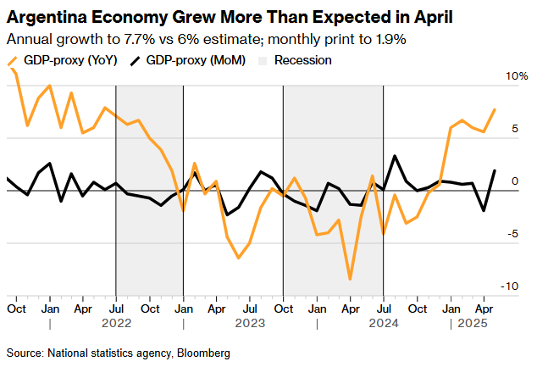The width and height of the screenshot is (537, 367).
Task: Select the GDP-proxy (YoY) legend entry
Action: (x=66, y=60)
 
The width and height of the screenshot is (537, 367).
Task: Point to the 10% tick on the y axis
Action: (x=517, y=76)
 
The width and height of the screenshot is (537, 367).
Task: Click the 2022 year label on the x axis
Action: (x=116, y=323)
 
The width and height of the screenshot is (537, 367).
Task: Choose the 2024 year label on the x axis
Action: (x=383, y=323)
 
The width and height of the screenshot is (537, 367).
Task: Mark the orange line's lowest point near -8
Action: (x=350, y=279)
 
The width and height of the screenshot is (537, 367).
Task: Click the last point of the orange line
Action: (x=495, y=109)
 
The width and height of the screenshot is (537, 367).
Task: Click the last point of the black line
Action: (x=495, y=170)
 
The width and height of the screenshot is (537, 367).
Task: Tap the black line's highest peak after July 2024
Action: (x=395, y=156)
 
